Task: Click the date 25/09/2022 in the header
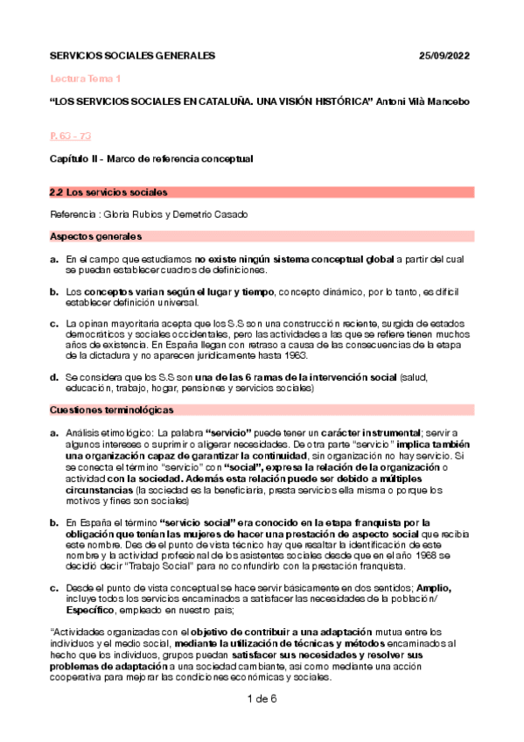[445, 56]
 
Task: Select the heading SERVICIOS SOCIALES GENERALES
[131, 56]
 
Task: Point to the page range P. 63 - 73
[70, 136]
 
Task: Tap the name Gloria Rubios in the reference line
[141, 214]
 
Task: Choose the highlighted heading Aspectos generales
[95, 237]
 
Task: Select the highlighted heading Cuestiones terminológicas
[112, 409]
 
